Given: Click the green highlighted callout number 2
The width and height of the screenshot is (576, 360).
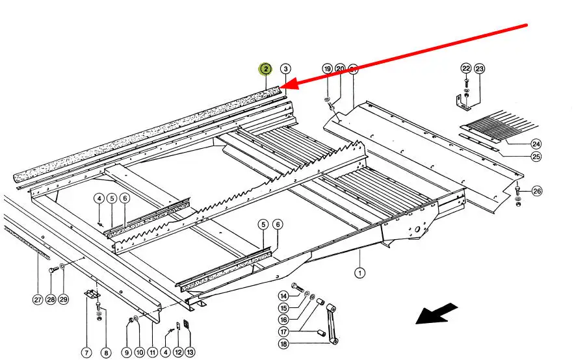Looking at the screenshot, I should pos(265,69).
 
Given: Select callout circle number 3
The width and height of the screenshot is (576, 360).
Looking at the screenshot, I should pos(285,69).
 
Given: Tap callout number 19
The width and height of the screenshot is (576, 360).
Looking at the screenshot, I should pos(327,69).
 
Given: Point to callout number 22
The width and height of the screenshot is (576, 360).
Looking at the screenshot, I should pos(466,69).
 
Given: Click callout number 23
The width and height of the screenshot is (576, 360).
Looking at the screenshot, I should pos(480,69).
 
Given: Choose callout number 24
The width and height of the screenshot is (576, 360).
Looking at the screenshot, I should pos(536,144).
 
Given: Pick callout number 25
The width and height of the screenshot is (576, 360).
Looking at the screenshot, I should pos(536,157).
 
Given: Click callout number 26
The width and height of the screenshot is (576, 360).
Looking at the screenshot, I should pos(536,190).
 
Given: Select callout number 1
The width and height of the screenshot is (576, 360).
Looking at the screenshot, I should pos(360,273).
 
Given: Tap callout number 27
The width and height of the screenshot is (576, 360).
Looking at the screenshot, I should pos(37,299).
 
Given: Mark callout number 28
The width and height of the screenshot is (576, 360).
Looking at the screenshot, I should pos(51,299).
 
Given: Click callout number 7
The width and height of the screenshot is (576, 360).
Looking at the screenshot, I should pos(86,353).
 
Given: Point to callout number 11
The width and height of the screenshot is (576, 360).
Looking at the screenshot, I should pos(152,353).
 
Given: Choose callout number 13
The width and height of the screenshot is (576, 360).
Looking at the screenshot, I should pos(190,353).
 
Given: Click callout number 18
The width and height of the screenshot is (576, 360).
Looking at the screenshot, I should pos(283,343).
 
